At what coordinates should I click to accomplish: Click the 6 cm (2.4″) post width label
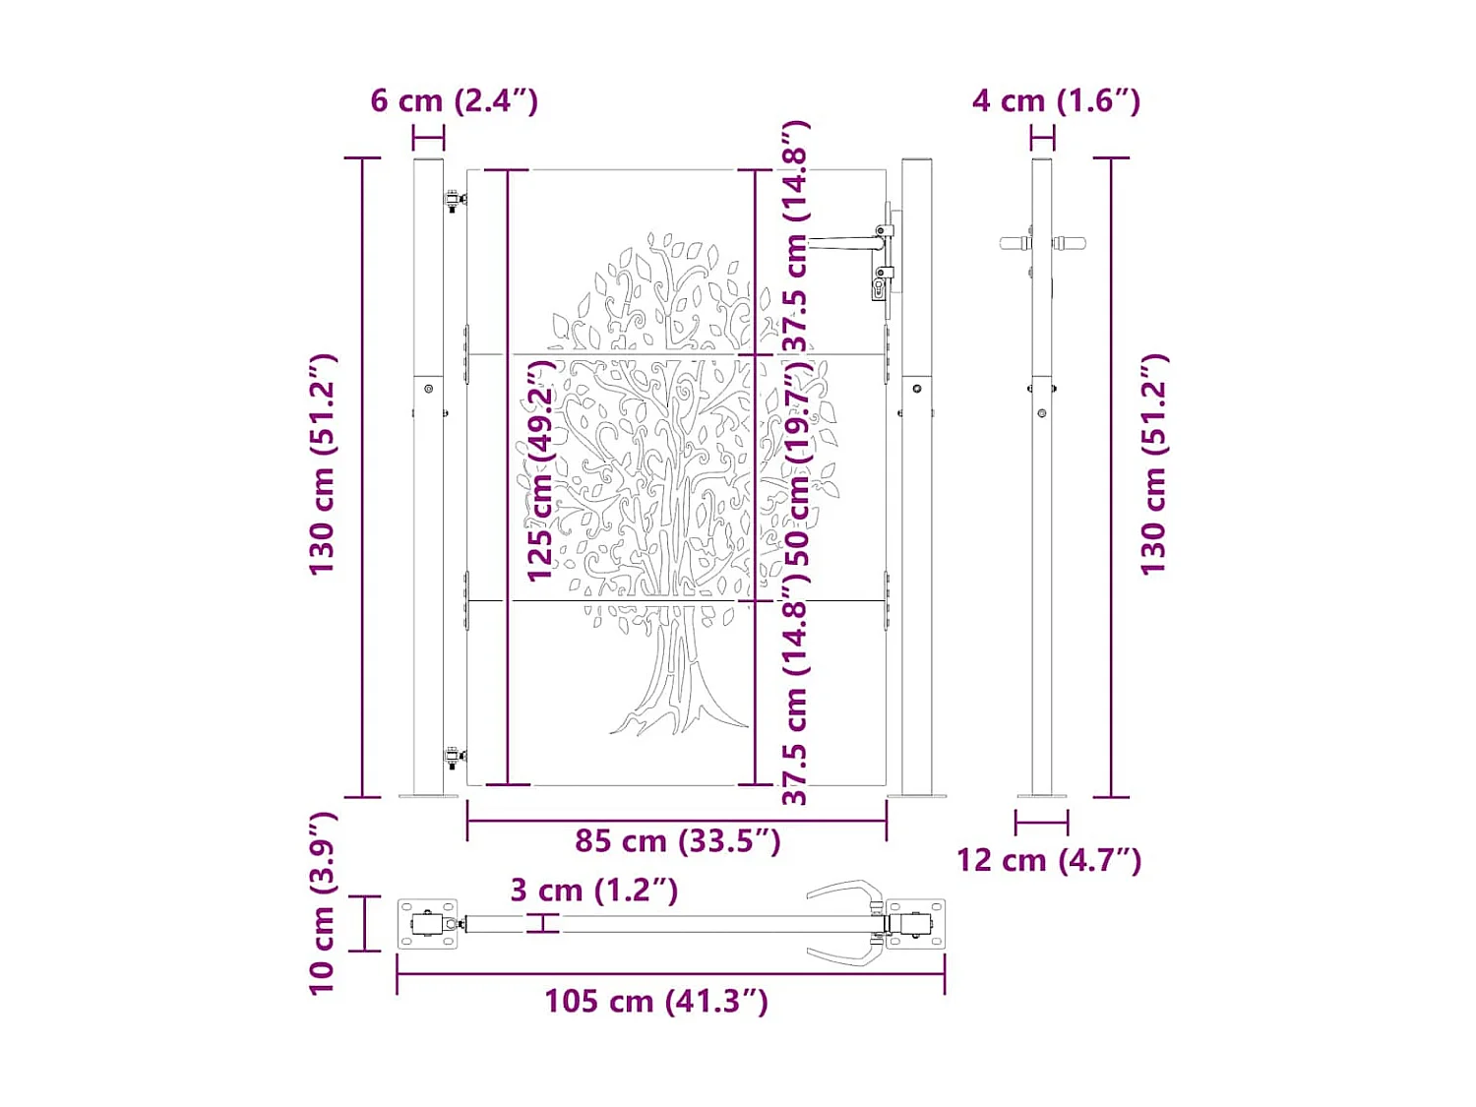point(454,100)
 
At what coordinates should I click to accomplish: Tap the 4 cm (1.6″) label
point(1056,100)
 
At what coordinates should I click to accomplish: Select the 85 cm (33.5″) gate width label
point(677,841)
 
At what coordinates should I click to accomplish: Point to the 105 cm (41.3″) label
point(656,1002)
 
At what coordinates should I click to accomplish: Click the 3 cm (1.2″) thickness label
point(593,891)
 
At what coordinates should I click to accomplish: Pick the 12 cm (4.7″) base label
point(1049,860)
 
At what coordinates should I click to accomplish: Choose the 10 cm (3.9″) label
point(323,902)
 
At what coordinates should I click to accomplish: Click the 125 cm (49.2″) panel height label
point(540,470)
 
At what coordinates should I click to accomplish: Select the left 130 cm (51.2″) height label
point(323,463)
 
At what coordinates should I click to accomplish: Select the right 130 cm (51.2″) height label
point(1153,463)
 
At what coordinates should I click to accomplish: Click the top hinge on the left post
point(454,202)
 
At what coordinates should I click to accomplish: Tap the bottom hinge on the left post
point(454,758)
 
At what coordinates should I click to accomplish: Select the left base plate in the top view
point(427,924)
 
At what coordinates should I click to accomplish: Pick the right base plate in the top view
point(916,924)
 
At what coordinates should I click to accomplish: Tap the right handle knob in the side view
point(1071,243)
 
